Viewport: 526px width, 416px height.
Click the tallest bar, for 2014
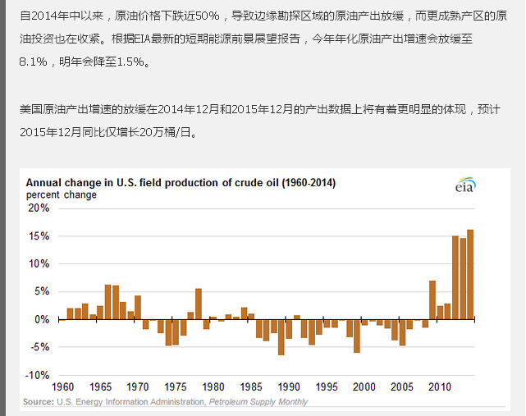[470, 274]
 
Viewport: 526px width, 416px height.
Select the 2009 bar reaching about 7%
[432, 300]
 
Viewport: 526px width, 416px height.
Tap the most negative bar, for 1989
[281, 337]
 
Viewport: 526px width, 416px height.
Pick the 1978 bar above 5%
[199, 304]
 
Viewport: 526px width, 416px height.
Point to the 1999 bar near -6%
[357, 336]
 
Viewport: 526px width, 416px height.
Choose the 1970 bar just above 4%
[138, 308]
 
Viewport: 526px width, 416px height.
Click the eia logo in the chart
[465, 185]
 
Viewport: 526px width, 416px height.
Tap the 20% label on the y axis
[39, 208]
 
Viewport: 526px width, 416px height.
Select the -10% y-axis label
[37, 375]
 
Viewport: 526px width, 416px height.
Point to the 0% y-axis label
[42, 319]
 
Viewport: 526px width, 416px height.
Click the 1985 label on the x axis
[251, 387]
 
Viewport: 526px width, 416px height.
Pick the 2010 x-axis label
[440, 387]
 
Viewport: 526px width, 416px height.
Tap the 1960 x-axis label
[62, 387]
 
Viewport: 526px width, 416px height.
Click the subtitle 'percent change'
[62, 195]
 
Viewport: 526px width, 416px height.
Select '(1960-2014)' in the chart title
[309, 183]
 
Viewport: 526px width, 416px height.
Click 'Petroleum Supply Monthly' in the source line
[258, 402]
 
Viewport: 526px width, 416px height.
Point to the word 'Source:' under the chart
[39, 402]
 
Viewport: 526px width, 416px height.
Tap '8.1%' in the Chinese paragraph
[33, 62]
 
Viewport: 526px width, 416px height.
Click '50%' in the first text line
[208, 16]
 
